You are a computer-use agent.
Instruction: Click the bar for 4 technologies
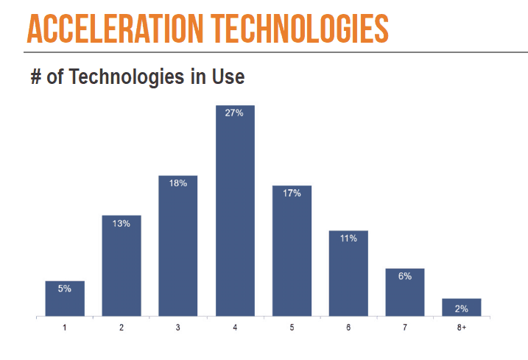235,211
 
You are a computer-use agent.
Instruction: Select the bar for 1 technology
65,298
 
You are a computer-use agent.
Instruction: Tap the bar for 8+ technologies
462,307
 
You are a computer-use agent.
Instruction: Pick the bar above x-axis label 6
348,273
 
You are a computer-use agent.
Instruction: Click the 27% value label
234,113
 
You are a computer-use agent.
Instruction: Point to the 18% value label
178,183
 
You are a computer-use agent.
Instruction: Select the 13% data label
122,224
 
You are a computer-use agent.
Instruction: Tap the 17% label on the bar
292,194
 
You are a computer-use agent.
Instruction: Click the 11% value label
348,239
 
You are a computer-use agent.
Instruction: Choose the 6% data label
405,276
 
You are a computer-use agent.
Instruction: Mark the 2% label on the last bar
462,308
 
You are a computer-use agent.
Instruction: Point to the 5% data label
65,289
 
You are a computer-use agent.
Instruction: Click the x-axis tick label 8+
462,328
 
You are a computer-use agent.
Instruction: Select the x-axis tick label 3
177,328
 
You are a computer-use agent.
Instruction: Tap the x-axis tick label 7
405,328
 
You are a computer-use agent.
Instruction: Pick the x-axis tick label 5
292,328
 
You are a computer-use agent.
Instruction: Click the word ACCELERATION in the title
115,29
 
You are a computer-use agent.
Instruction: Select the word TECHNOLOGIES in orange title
300,29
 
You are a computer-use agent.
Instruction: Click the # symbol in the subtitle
36,77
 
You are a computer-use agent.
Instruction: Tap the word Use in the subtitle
228,77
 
